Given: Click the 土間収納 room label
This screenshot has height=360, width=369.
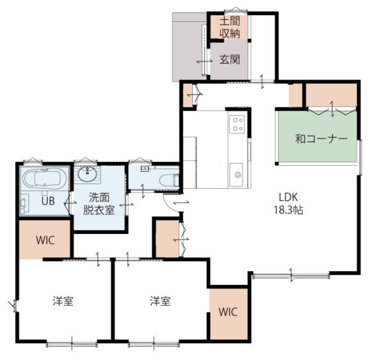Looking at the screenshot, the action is [230, 28].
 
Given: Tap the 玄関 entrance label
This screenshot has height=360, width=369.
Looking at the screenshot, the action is [230, 59].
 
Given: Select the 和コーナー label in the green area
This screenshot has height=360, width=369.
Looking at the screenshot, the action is [321, 139].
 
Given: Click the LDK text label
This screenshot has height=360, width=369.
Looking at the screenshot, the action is [289, 197].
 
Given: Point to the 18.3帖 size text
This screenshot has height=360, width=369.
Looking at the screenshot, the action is [289, 210].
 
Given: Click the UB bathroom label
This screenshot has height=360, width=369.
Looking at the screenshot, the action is [48, 201].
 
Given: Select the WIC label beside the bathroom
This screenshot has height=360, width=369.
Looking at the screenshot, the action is [45, 240].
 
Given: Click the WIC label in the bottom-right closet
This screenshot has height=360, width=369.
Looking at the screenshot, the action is [228, 312].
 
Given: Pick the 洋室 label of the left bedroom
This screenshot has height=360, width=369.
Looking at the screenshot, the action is [63, 301].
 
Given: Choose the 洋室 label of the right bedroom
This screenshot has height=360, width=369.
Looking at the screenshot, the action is [160, 301].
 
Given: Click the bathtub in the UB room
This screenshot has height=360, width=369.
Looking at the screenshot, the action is [44, 178].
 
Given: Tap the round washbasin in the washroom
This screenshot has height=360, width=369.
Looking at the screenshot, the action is [87, 174].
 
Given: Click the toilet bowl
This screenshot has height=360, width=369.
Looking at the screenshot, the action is [169, 180].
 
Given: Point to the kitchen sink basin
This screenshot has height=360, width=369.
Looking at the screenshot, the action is [237, 174].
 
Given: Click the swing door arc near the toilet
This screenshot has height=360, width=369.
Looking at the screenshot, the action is [170, 204].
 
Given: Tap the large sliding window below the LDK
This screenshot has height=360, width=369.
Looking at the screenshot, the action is [291, 276].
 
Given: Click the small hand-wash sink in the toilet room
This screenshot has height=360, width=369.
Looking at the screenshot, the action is [144, 168].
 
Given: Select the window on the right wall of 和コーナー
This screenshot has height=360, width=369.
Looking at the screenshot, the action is [360, 157].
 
